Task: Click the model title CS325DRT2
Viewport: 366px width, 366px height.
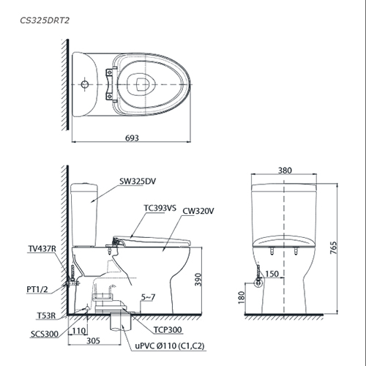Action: pos(45,20)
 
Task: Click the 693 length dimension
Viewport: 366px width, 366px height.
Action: pos(132,138)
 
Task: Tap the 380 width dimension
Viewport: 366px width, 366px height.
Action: pos(285,171)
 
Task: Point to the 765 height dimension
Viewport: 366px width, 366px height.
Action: pos(333,247)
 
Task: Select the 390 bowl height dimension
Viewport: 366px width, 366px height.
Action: pos(198,280)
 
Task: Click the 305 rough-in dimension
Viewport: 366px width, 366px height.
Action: pos(93,340)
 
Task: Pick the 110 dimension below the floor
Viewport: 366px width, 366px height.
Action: pos(79,331)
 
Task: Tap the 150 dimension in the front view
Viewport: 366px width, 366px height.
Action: pos(272,274)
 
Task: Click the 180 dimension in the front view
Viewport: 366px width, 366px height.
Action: pos(242,297)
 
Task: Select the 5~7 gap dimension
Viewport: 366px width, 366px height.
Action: pos(148,297)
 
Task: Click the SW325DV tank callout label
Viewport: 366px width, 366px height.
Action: pos(138,182)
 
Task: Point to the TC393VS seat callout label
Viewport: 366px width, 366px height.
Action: pos(160,208)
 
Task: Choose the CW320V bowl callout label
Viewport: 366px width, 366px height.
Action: pos(198,211)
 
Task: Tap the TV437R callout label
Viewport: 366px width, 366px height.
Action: pos(42,249)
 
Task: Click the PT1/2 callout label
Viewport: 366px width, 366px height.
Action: pos(37,289)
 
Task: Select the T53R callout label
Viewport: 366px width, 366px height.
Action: pos(46,315)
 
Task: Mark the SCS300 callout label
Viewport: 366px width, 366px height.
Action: pos(45,334)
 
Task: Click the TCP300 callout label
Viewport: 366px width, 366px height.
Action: pos(168,330)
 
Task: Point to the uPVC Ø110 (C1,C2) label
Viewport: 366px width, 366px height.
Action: pos(170,346)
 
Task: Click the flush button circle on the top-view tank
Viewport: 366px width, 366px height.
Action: pos(85,84)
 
